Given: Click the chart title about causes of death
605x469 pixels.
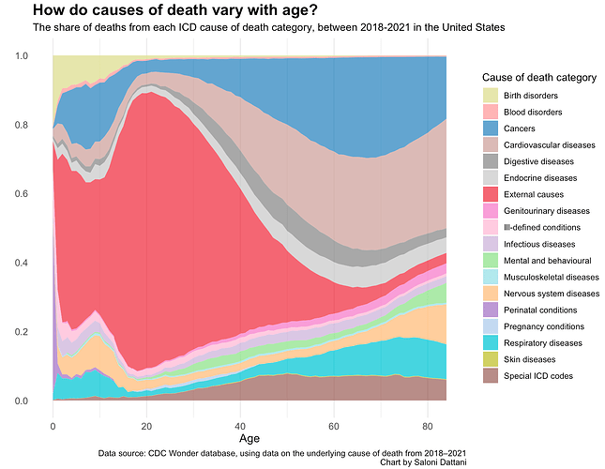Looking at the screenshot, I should coord(174,10).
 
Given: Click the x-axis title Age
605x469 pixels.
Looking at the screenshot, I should coord(250,438).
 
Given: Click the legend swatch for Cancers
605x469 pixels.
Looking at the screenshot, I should coord(492,129).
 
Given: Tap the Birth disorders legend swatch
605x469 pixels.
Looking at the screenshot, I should coord(492,96).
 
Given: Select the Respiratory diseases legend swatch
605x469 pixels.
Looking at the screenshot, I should coord(492,343).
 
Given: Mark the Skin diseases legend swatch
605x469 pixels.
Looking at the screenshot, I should coord(492,359).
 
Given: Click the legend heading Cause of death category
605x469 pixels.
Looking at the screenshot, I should coord(537,76).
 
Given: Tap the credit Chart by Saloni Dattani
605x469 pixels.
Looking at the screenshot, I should coord(423,461).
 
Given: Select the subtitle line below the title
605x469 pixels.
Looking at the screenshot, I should coord(268,28).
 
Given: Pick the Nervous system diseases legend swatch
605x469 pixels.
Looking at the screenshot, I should coord(492,294).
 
